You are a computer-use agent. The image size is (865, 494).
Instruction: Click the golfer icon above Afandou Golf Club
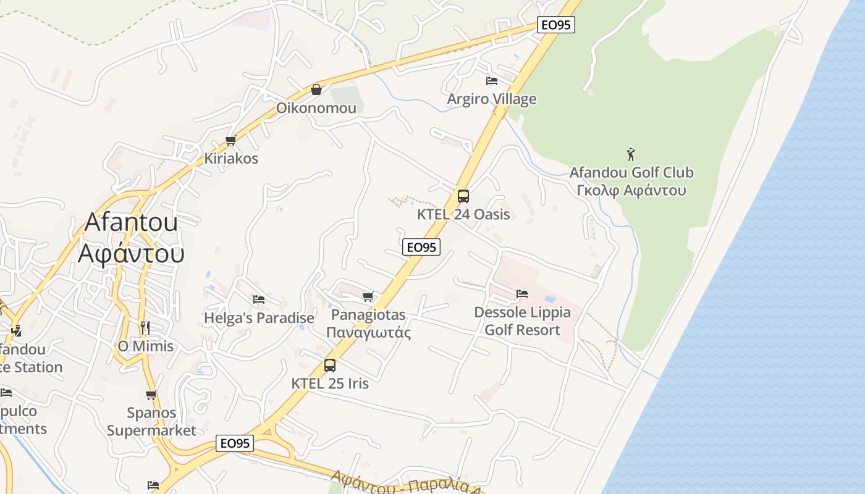[x=631, y=154]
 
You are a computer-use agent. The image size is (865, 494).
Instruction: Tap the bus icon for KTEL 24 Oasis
[x=463, y=196]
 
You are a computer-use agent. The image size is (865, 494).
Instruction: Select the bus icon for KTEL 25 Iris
[x=330, y=365]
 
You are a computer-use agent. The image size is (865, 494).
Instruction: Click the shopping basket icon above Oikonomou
[x=316, y=90]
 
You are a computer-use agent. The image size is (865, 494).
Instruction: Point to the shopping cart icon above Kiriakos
[x=231, y=140]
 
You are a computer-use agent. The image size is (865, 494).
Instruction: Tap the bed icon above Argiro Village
[x=492, y=80]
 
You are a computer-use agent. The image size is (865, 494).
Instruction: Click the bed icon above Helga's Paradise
[x=259, y=299]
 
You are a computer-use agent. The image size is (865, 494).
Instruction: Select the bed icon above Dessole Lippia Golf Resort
[x=522, y=293]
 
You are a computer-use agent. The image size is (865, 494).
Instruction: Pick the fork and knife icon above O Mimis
[x=145, y=327]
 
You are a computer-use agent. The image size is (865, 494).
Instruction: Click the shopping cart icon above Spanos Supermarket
[x=151, y=395]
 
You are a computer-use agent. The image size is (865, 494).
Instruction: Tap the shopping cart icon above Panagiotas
[x=368, y=296]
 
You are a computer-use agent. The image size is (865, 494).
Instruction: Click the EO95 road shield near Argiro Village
[x=556, y=25]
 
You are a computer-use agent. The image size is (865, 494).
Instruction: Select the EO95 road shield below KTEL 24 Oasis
[x=421, y=247]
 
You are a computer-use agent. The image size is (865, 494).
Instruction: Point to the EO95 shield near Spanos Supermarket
[x=235, y=443]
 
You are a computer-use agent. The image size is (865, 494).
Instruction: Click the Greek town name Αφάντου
[x=131, y=253]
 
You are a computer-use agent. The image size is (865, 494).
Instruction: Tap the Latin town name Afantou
[x=131, y=222]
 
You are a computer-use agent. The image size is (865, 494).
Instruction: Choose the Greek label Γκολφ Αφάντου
[x=631, y=190]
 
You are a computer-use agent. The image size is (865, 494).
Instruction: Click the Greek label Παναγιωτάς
[x=368, y=333]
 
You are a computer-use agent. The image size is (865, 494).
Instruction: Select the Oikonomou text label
[x=316, y=108]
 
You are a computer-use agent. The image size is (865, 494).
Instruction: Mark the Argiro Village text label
[x=492, y=99]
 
